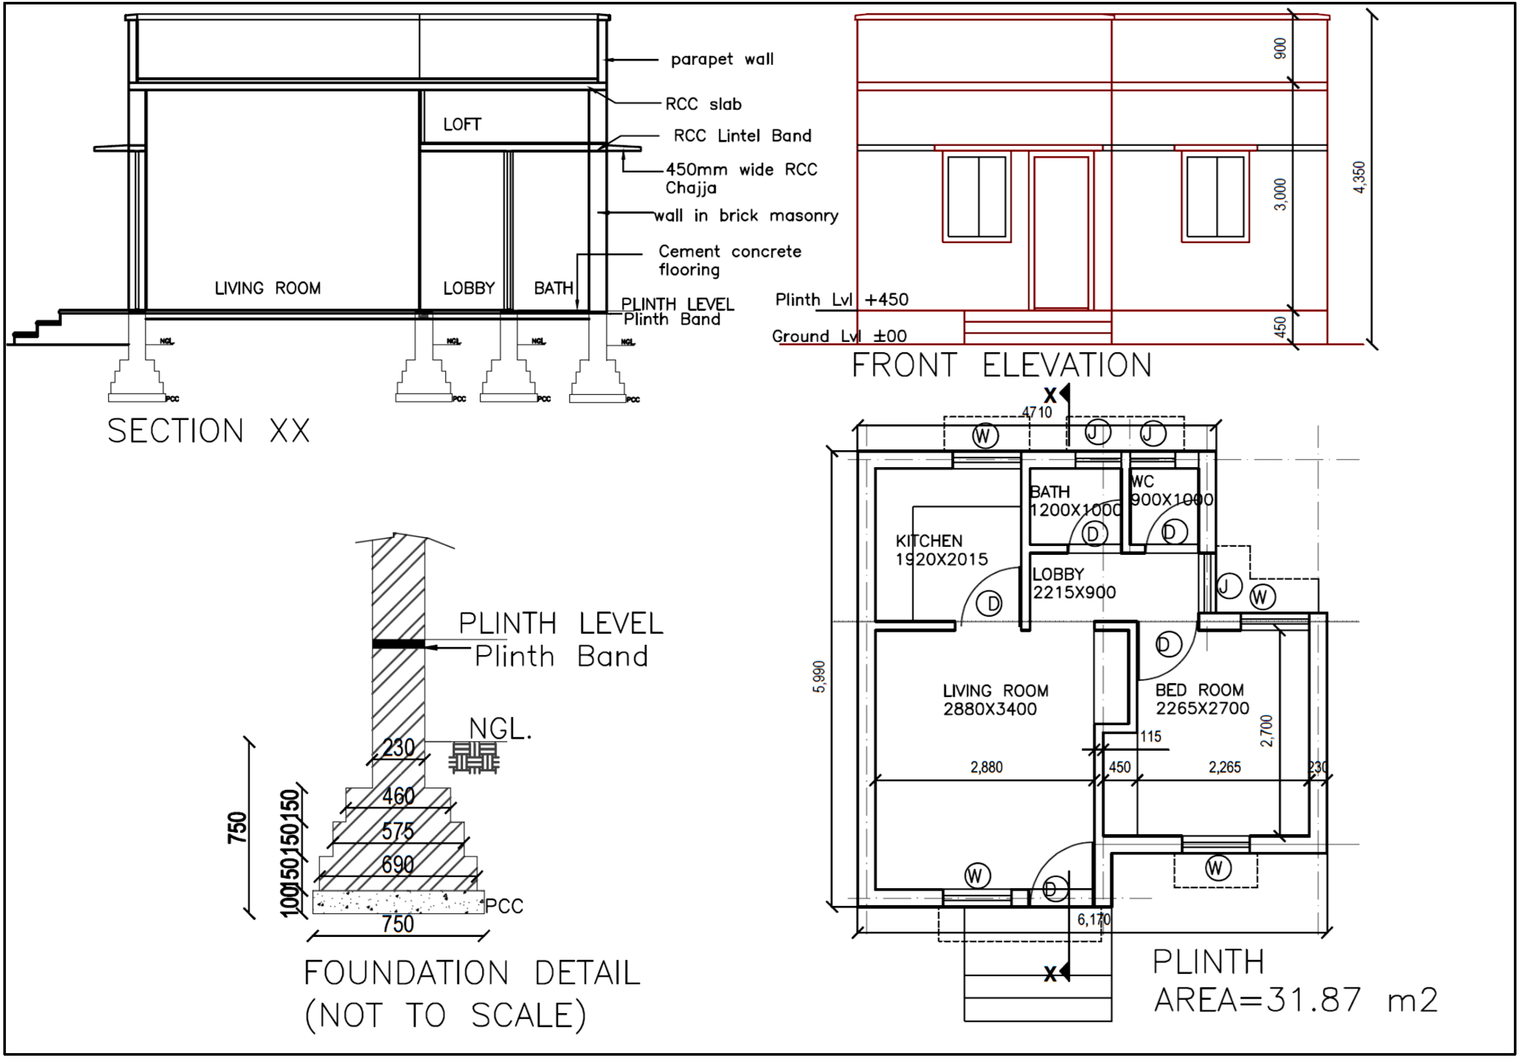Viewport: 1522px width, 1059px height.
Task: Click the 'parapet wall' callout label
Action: [722, 60]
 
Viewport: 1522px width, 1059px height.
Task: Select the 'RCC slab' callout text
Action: [703, 104]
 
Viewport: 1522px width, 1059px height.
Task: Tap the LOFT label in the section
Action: [462, 125]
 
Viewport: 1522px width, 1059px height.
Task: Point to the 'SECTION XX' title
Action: [208, 431]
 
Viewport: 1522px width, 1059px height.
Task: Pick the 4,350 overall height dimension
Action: [1359, 178]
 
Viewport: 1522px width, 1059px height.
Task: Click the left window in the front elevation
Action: [977, 197]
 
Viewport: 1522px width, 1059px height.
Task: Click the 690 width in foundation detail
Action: [398, 864]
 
